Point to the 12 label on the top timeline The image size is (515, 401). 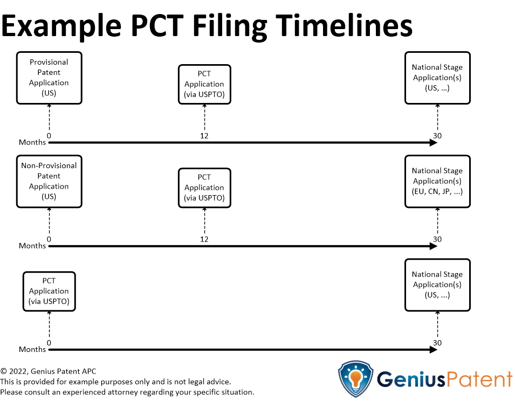coord(204,136)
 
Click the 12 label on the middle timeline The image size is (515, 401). coord(204,239)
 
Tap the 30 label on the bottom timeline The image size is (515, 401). coord(437,343)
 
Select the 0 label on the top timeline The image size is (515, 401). coord(49,136)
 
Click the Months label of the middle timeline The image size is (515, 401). coord(32,246)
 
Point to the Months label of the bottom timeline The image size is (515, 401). coord(32,349)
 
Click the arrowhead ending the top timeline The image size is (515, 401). coord(434,143)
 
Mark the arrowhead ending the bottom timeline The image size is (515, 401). coord(434,350)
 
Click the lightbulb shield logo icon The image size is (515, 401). coord(356,379)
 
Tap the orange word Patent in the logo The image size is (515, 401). coord(479,379)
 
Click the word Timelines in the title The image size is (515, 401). coord(344,26)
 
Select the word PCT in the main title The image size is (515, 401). coord(157,26)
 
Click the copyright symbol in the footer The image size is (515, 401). coord(4,371)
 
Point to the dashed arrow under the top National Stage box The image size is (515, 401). coord(437,117)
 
